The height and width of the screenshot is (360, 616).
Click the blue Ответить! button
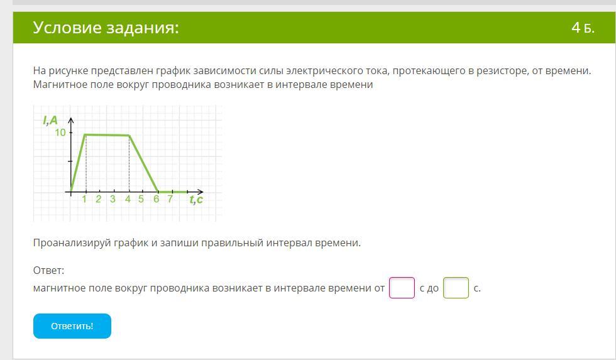[x=72, y=326]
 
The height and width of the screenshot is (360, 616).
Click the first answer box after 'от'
[x=402, y=288]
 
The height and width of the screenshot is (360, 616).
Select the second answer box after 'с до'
[x=456, y=288]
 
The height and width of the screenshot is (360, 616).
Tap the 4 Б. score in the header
[x=583, y=28]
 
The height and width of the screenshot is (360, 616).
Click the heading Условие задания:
[x=106, y=28]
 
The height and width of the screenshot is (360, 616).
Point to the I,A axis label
[x=50, y=120]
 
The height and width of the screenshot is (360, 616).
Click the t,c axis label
[x=196, y=199]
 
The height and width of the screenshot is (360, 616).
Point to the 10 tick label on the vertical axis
[x=60, y=133]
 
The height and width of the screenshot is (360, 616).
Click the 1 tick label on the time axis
[x=84, y=199]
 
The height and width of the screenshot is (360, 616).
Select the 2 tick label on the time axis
[x=98, y=199]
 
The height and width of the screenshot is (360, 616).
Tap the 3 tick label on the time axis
[x=113, y=199]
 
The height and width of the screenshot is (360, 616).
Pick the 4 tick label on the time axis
[x=128, y=199]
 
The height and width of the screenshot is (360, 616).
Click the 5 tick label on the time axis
[x=141, y=199]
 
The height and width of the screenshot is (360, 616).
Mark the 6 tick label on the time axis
[x=156, y=199]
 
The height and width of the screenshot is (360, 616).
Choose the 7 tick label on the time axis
[x=170, y=199]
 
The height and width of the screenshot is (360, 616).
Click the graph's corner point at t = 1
[x=85, y=134]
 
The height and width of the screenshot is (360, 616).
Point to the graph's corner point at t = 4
[x=129, y=136]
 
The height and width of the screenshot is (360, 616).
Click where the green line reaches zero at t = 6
[x=158, y=192]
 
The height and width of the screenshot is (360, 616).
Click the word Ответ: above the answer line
[x=49, y=270]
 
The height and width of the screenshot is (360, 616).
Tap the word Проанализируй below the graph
[x=72, y=243]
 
